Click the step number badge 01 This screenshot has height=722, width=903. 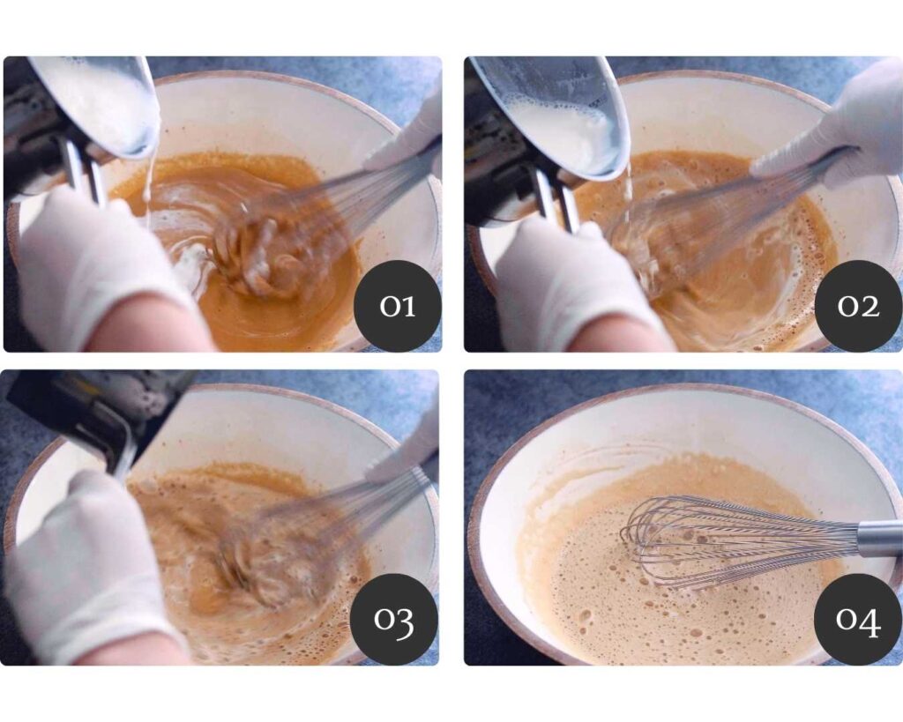398,306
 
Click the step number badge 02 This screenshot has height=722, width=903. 858,306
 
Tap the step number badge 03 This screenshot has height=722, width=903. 394,619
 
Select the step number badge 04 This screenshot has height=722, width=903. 858,619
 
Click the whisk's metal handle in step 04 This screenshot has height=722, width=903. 879,539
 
